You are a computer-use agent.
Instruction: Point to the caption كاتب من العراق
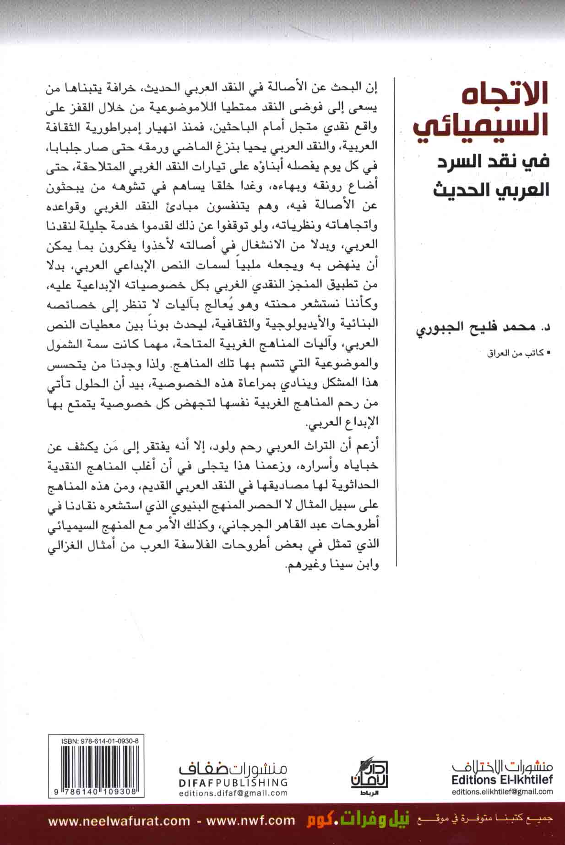click(517, 353)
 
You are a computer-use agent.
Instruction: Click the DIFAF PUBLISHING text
click(233, 781)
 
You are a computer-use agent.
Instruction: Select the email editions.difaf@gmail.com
click(233, 793)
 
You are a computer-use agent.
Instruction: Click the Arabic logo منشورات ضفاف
click(233, 767)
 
